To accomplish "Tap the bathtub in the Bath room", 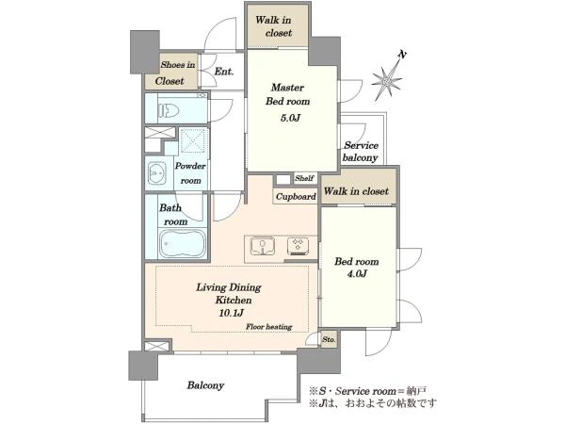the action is [x=183, y=243].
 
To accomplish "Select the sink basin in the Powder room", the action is [x=156, y=174].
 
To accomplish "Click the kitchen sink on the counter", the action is [x=263, y=246].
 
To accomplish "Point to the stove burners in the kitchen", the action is [x=298, y=246].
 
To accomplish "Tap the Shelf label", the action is [x=304, y=178].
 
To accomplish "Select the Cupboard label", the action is [x=296, y=197].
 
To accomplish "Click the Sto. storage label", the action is [x=329, y=339].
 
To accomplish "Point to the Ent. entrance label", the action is [x=224, y=72].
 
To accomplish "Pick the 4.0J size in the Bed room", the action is [x=356, y=274].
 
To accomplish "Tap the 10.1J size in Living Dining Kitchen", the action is [x=231, y=313].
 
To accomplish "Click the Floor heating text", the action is [x=268, y=327].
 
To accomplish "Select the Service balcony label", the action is [x=361, y=152].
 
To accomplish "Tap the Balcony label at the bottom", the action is [x=205, y=385].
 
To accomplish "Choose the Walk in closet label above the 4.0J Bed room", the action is [x=356, y=191].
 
